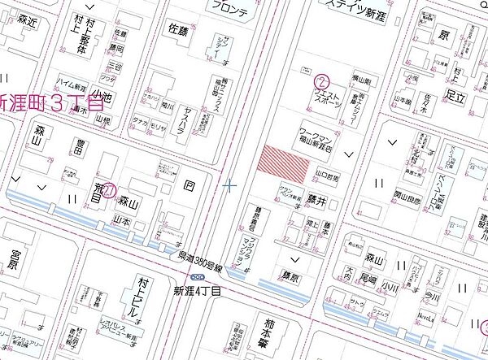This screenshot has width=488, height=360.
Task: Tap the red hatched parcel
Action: pos(283,163)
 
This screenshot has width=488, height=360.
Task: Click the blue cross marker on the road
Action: pos(229,186)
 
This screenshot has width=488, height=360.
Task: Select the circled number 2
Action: pos(323,81)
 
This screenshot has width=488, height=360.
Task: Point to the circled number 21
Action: pos(103,188)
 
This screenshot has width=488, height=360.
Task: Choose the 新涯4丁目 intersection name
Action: pos(198,288)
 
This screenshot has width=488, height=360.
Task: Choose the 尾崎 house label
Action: pos(369,280)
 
